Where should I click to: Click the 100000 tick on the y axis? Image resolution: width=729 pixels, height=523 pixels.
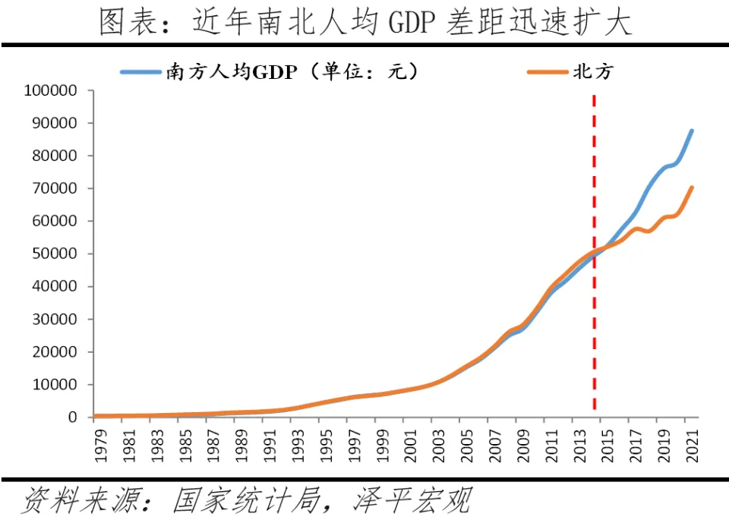coord(51,90)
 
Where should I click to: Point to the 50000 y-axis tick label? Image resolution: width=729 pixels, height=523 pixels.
coord(55,254)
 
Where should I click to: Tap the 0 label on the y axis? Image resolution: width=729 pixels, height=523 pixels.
coord(73,417)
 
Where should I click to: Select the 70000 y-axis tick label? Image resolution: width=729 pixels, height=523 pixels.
coord(55,188)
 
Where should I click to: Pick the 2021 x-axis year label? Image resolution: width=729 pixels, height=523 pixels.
coord(692,443)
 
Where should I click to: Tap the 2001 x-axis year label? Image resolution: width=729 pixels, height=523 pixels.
coord(409,443)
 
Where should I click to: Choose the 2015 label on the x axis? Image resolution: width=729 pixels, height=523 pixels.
coord(607,443)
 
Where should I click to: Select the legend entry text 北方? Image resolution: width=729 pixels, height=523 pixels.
coord(593,72)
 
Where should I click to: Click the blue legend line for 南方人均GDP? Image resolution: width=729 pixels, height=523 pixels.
coord(141,73)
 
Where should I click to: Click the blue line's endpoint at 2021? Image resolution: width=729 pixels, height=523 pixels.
coord(692,131)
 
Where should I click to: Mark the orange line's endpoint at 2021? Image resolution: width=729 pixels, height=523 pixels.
coord(692,187)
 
